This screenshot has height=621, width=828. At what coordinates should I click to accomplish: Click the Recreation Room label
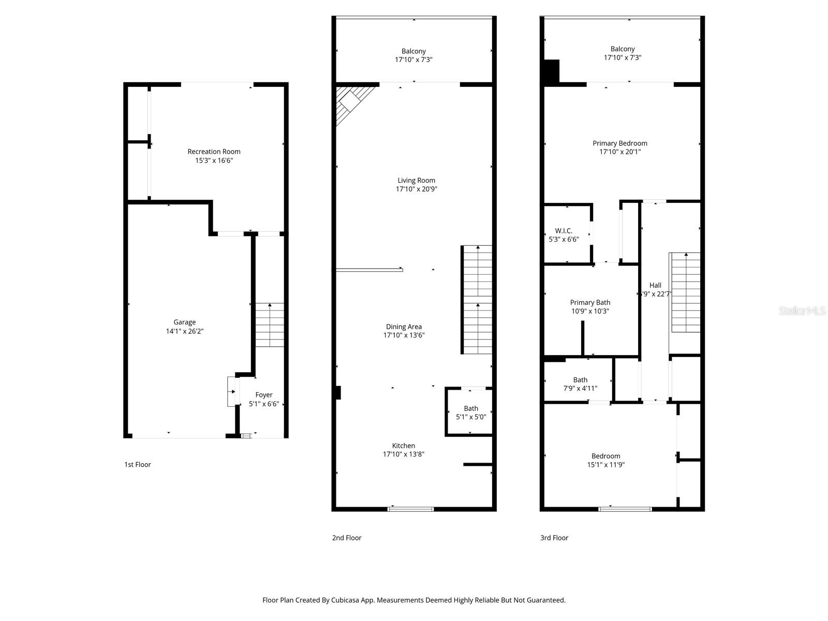[214, 152]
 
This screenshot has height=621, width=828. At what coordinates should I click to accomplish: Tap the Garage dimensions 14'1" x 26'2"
[185, 331]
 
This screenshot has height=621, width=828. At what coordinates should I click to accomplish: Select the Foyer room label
[264, 395]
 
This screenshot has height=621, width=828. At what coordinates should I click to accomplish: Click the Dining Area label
[404, 327]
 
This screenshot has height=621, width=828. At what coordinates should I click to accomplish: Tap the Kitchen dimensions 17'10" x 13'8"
[404, 454]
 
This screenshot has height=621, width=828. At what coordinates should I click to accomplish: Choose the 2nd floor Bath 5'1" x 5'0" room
[470, 412]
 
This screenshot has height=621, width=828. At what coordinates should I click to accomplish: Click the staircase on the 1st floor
[270, 325]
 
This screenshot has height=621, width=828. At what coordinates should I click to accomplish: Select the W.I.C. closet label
[564, 231]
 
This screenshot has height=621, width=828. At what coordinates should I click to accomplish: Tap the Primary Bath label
[590, 302]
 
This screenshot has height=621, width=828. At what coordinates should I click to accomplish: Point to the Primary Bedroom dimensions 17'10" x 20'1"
[619, 152]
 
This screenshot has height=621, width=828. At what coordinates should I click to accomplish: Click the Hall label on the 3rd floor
[655, 285]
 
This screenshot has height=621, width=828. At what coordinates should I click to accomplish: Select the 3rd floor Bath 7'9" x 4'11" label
[580, 380]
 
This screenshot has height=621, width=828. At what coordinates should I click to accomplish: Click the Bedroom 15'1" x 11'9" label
[605, 456]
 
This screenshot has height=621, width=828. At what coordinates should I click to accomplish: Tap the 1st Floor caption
[138, 465]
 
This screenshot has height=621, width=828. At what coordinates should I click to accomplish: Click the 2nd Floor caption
[347, 538]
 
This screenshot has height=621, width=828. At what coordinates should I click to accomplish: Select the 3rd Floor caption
[554, 538]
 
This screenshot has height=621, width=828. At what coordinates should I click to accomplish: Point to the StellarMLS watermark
[802, 310]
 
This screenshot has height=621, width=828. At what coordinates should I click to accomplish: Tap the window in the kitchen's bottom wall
[411, 509]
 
